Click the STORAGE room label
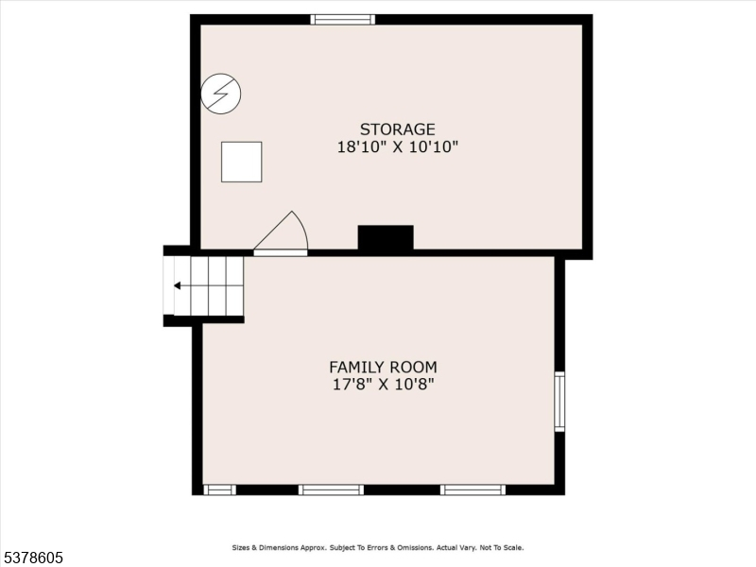[397, 129]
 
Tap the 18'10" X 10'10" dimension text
[397, 146]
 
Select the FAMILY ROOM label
[384, 368]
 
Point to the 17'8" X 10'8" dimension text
[384, 385]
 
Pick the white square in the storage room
[242, 162]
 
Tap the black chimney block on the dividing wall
[386, 238]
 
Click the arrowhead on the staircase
[177, 286]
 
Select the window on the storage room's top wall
[342, 19]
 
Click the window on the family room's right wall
[559, 402]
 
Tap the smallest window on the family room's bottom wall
[220, 490]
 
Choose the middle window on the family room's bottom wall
[331, 490]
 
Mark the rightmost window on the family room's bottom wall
[473, 490]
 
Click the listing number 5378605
[32, 558]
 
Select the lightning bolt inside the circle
[221, 94]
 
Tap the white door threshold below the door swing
[281, 252]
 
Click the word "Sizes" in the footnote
[241, 548]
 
